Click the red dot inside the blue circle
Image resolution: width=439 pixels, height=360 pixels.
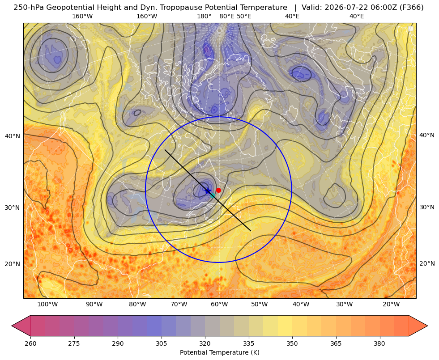(218, 190)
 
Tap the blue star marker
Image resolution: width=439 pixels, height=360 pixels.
(208, 191)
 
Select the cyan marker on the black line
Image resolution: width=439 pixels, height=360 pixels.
(213, 195)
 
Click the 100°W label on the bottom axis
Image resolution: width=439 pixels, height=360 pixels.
(47, 304)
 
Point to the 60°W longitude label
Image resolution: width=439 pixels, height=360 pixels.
(219, 304)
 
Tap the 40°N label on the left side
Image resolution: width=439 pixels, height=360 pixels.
(13, 136)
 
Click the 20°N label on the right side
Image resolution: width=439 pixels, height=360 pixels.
(427, 263)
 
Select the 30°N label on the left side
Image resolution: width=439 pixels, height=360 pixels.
(13, 208)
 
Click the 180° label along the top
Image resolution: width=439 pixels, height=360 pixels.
(204, 16)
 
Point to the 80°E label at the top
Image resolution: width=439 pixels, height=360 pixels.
(226, 16)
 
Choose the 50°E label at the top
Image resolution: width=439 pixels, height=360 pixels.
(244, 16)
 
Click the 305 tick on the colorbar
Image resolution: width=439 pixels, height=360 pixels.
(162, 343)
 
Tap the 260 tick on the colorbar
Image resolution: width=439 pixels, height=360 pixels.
(30, 343)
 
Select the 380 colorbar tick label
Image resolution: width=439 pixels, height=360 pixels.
(379, 343)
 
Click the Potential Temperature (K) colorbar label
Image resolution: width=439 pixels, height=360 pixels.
(219, 352)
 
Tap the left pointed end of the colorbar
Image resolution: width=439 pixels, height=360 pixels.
(12, 326)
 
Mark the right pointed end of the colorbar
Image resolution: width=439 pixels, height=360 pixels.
(427, 326)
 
